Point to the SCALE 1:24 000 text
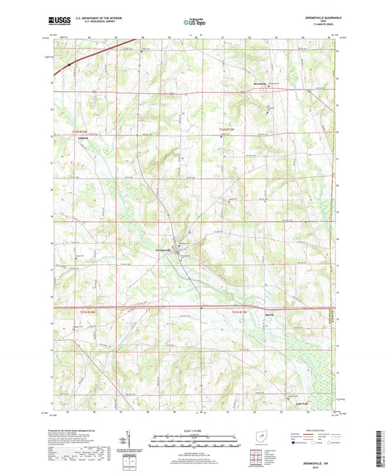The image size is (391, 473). pos(195,431)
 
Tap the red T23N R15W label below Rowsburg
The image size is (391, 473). pos(230,131)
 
